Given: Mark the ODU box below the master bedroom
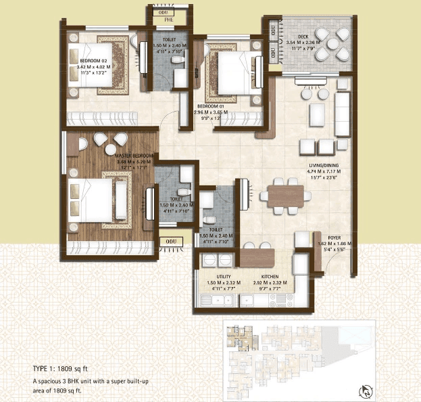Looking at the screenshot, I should (166, 240).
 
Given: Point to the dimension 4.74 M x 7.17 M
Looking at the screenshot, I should (323, 171).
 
